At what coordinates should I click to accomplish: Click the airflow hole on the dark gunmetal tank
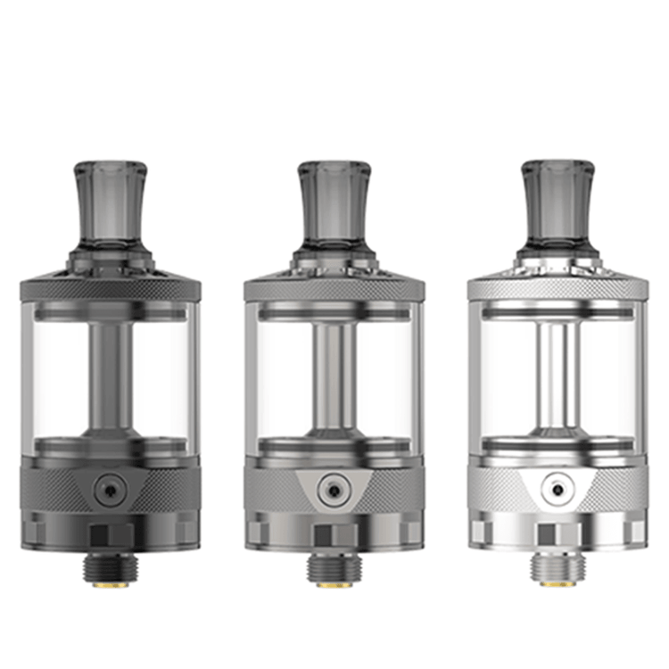click(110, 489)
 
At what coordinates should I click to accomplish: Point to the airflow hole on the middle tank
click(334, 489)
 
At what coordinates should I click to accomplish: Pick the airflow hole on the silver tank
click(558, 489)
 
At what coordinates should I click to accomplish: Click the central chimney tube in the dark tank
click(110, 375)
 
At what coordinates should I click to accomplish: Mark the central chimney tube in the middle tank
click(334, 375)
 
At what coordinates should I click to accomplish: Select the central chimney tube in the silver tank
click(558, 375)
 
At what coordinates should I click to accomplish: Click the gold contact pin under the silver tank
click(558, 584)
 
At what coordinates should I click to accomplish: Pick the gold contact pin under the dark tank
click(110, 584)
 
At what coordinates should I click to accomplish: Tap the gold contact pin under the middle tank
click(334, 584)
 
